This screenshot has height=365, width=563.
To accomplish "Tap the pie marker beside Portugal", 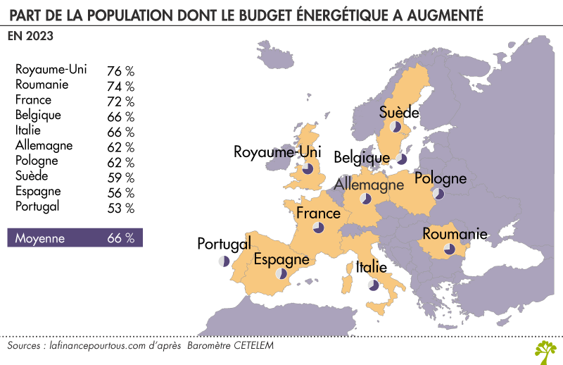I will coord(224,261).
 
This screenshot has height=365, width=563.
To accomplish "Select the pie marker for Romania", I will coord(449,249).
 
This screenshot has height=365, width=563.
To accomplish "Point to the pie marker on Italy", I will coord(373,285).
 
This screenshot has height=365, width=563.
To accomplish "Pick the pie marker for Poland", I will coord(439,193).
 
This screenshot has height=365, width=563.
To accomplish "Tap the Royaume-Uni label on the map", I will coord(277,151).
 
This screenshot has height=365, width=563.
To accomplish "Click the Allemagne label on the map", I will coord(369,185).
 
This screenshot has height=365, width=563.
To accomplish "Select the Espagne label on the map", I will coord(281,259).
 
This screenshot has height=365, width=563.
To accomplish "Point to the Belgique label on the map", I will coord(362,156).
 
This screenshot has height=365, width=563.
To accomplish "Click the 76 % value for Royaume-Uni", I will coord(120,71).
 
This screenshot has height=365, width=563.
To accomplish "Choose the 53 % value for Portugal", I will coord(120,208).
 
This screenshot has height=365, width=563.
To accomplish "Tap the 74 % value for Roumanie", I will coord(120,86).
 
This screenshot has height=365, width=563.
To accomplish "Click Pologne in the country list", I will coord(37,161).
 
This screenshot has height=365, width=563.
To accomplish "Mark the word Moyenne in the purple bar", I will coord(40,238).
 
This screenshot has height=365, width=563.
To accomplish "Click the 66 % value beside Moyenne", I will coord(120,238).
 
